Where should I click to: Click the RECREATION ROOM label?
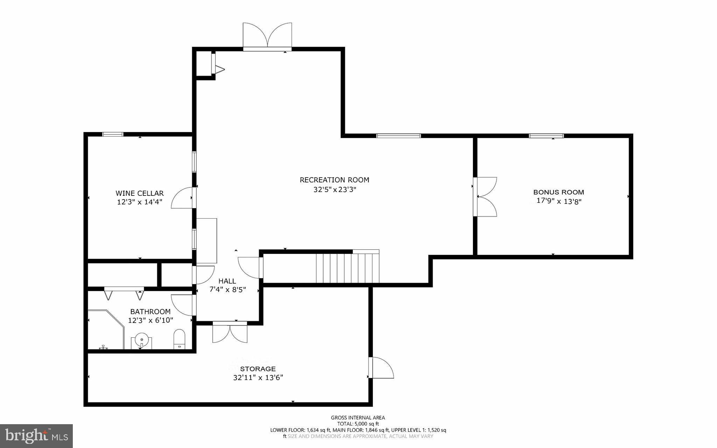(x=334, y=180)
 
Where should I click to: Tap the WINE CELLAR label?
(x=139, y=193)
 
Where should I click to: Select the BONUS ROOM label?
(x=558, y=192)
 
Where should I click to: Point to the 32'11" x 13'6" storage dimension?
(x=258, y=378)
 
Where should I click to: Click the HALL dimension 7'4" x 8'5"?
(x=228, y=290)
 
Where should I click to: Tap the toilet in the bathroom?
(x=179, y=339)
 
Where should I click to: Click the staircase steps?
(x=347, y=268)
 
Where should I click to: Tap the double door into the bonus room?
(x=486, y=197)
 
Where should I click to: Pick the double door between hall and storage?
(x=230, y=333)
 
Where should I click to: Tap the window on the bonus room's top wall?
(x=546, y=136)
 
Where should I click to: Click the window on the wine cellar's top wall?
(x=113, y=134)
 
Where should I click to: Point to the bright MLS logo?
(x=36, y=436)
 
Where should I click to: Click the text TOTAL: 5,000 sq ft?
(x=358, y=423)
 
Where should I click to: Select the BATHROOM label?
(x=150, y=312)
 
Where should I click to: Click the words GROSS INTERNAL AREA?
(x=358, y=418)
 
